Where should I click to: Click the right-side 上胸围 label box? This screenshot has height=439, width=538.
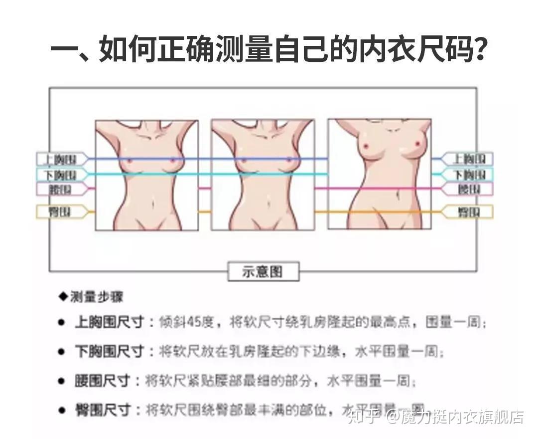point(468,159)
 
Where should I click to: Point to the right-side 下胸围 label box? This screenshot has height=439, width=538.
point(468,175)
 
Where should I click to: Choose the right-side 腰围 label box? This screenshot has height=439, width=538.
point(468,189)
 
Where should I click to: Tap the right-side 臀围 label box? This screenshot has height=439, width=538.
point(468,212)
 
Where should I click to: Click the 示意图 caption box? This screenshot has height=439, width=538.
point(263,271)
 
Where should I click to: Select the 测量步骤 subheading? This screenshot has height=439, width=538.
point(97,297)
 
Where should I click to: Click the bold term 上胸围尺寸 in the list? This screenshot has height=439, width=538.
point(109,322)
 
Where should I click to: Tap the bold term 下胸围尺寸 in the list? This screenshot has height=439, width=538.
point(109,352)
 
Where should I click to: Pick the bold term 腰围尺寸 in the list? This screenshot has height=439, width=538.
point(102,382)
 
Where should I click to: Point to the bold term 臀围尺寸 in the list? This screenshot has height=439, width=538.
point(102,411)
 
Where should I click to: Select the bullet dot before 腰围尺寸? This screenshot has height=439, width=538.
point(61,382)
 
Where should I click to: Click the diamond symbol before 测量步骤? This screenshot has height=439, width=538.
point(63,297)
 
